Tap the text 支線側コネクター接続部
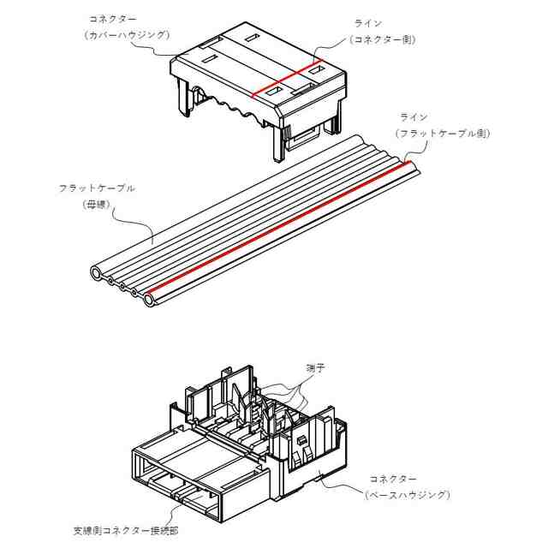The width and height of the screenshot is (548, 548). click(x=125, y=530)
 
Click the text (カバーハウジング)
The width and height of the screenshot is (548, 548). click(x=126, y=34)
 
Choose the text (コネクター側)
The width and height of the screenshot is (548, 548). click(x=381, y=39)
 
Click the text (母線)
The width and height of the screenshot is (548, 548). click(x=95, y=205)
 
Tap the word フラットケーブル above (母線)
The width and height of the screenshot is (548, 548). click(x=96, y=188)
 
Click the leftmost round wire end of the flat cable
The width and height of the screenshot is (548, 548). click(x=97, y=273)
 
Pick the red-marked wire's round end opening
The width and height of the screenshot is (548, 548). click(x=151, y=301)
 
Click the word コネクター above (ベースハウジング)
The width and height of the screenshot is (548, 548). click(x=392, y=478)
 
